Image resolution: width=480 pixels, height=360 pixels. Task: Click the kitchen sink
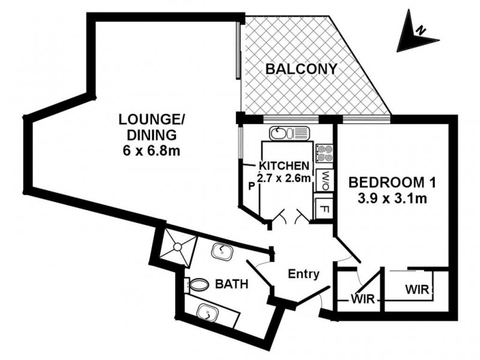[289, 133]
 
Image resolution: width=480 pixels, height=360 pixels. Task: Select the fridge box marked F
[324, 209]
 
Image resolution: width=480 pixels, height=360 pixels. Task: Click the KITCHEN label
[284, 166]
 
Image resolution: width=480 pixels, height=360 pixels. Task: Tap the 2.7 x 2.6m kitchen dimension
[284, 178]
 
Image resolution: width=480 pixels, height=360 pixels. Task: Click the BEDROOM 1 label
[388, 182]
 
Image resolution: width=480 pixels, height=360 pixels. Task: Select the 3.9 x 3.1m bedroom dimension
[388, 199]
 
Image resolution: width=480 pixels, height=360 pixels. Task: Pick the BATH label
[232, 285]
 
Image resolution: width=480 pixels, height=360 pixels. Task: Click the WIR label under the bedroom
[416, 289]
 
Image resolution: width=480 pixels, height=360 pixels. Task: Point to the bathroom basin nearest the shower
[222, 251]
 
